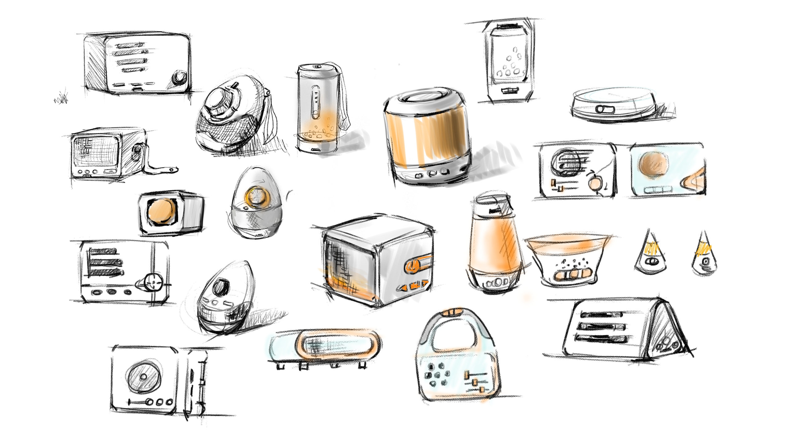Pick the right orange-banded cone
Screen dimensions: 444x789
click(x=704, y=255)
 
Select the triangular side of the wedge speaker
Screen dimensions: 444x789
click(x=666, y=333)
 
